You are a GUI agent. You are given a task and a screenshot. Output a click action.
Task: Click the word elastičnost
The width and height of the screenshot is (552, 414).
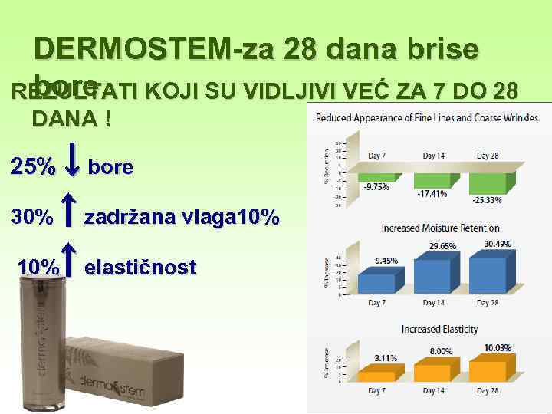tap(140, 268)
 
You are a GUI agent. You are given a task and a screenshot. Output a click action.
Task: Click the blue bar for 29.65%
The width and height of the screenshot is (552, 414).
tap(434, 275)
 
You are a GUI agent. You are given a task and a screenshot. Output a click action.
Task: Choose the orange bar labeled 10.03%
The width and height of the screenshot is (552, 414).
tap(488, 371)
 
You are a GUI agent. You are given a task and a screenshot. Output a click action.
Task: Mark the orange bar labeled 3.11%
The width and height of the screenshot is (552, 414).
tap(376, 376)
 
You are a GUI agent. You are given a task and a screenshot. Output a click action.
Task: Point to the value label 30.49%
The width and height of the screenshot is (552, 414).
tap(499, 244)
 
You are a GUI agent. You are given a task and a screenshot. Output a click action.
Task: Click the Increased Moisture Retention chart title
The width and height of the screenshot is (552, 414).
tap(440, 228)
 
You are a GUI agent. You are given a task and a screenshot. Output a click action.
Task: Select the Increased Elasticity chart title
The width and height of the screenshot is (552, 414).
tap(439, 329)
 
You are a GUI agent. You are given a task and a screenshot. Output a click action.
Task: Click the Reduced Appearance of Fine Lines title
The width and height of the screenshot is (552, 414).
tap(426, 118)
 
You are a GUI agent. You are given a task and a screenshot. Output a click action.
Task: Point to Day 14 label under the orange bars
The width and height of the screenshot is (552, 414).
tap(433, 391)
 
